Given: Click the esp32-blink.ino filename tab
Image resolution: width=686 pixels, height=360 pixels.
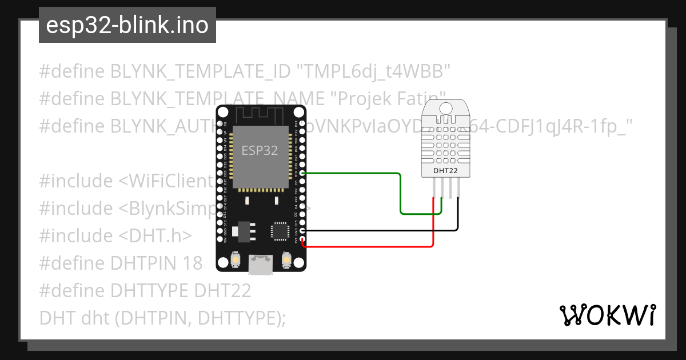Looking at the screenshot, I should [127, 25].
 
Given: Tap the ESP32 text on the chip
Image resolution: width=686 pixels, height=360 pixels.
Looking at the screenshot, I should [260, 150].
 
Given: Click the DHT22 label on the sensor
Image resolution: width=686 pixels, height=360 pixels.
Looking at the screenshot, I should [445, 170].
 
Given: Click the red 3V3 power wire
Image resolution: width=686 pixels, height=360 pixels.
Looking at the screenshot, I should [372, 247].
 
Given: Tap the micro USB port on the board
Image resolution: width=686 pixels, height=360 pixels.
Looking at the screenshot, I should [261, 264].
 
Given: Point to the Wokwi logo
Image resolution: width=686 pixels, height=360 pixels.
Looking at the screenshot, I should [607, 315].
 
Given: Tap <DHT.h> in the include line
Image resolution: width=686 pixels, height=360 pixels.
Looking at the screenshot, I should [155, 236].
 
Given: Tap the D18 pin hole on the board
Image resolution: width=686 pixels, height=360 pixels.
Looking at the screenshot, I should [302, 173].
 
